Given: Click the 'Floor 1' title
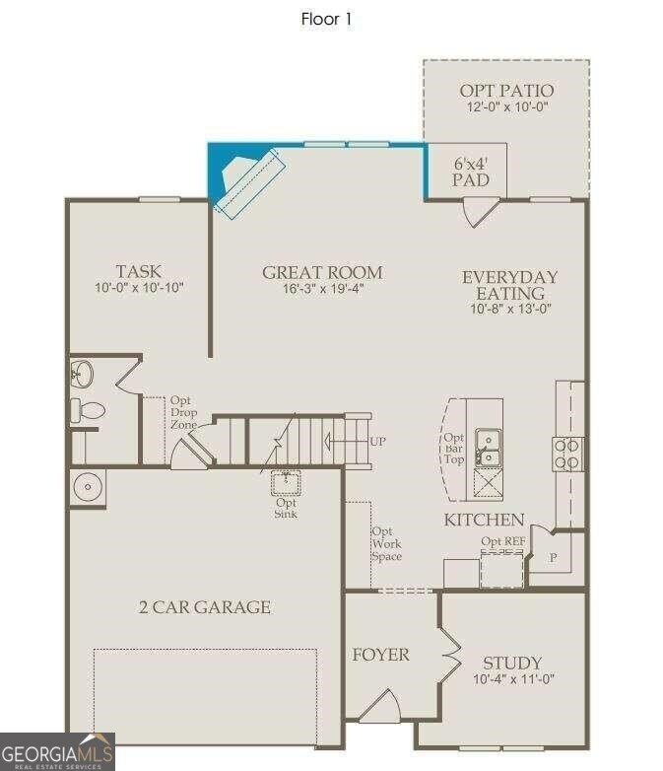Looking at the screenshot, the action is (326, 19).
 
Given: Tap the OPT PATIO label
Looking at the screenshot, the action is (506, 91).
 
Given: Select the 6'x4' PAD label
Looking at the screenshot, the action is (471, 173).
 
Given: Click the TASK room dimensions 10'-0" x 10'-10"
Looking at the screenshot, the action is (139, 288).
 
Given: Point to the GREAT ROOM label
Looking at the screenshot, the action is (322, 272).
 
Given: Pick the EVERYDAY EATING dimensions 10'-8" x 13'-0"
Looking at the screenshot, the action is (510, 309).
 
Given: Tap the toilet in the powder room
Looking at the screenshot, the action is (88, 410).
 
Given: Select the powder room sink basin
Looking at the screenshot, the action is (81, 375).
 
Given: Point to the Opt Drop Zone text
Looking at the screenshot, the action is (184, 412).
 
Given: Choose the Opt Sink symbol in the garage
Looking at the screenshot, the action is (286, 483).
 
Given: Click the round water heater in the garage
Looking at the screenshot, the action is (88, 487).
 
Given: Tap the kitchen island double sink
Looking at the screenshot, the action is (488, 447).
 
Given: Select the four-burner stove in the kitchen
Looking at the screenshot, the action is (566, 454).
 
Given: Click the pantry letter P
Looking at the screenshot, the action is (554, 558).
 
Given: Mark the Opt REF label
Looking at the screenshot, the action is (502, 541).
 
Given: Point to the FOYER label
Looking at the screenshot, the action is (380, 655).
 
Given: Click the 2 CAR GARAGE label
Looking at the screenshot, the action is (205, 607).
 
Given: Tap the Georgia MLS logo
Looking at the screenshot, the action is (57, 752).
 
